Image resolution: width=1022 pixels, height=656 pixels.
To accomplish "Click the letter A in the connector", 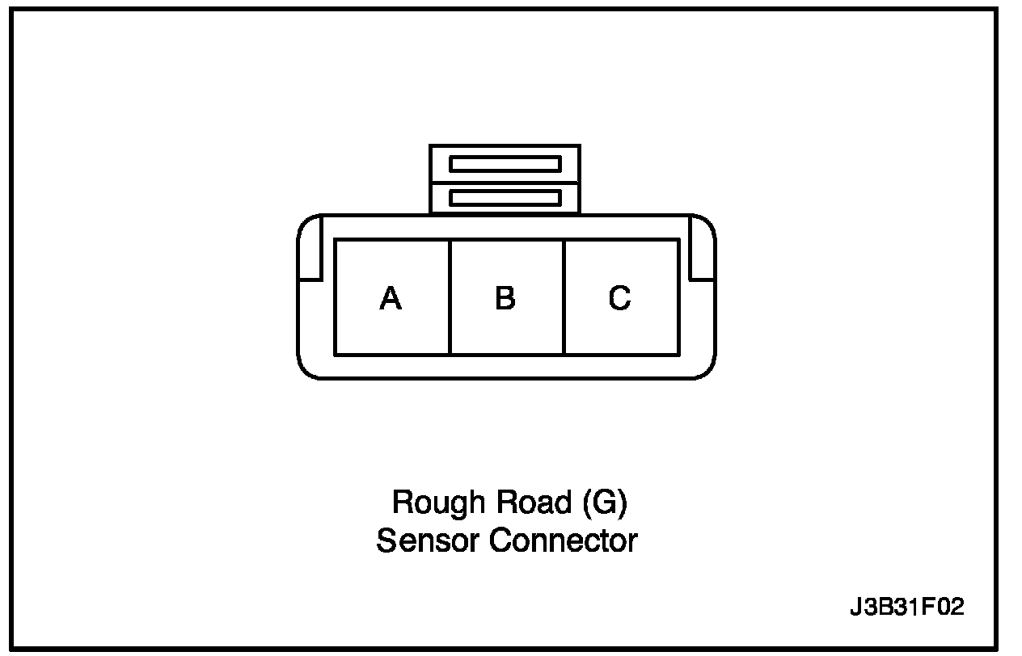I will tap(391, 299).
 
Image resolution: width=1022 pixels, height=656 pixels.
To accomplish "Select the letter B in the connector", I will tap(505, 299).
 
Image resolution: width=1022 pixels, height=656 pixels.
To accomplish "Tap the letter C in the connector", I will tap(620, 299).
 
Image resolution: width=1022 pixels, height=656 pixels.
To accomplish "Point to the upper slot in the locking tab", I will tap(505, 164).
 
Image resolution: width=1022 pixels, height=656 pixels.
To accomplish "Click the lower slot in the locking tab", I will tap(505, 197).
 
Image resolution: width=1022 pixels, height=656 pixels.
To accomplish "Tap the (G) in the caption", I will tap(604, 503).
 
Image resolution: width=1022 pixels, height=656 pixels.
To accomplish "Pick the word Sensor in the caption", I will tap(427, 540).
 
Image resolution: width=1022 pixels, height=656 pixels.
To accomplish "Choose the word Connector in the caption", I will tap(563, 540).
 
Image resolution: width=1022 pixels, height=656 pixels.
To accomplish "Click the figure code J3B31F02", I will tap(907, 608).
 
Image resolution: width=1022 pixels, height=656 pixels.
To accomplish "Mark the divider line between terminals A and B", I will tap(449, 296).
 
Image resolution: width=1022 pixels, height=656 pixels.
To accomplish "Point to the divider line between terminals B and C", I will tap(564, 296).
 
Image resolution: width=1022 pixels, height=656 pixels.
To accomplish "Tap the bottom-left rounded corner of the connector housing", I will tap(306, 370).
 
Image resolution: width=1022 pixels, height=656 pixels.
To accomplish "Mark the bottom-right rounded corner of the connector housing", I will tap(707, 370).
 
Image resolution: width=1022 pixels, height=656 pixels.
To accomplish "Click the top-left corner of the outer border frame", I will tap(19, 10).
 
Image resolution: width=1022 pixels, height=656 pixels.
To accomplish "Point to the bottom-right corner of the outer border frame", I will tap(996, 648).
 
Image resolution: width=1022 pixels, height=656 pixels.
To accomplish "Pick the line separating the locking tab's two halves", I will tap(505, 181).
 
